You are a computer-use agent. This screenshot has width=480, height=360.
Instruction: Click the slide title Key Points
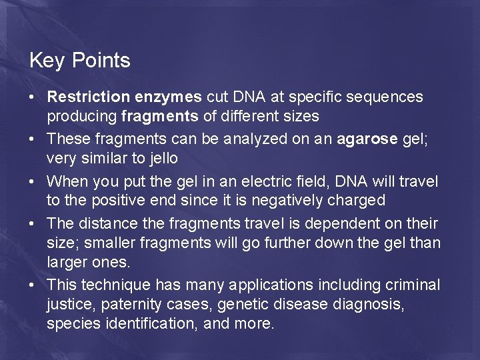point(79,61)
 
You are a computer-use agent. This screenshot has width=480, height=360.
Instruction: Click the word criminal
point(413,285)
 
